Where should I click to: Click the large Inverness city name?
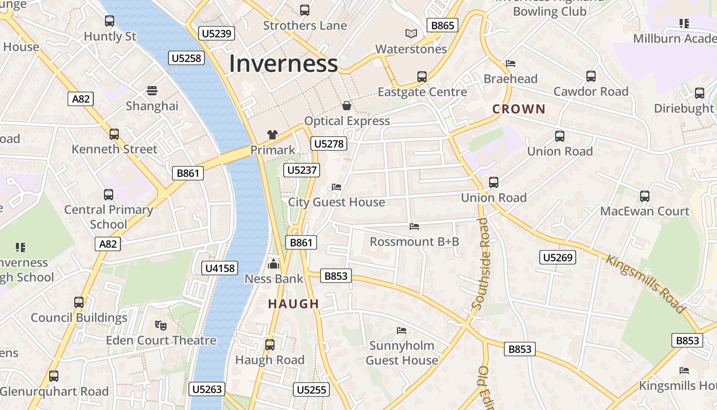coord(283,64)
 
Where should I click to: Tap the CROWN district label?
coord(519,109)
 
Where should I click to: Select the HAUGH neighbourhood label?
coord(293,304)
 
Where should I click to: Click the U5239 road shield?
coord(217,34)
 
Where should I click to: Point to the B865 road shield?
coord(442,25)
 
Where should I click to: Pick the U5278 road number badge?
coord(328,143)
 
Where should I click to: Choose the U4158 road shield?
coord(220,268)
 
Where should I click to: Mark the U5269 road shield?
coord(557,257)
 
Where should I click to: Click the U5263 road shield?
coord(207,389)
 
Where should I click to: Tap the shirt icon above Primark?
coord(272,135)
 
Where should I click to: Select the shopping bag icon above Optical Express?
coord(347,106)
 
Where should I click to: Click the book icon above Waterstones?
coord(411,34)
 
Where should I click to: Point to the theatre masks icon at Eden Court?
coord(161,325)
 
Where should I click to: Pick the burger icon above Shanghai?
coord(152,91)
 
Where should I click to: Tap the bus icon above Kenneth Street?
coord(114,134)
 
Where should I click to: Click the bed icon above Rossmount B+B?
coord(414,226)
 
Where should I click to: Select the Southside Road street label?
coord(482,263)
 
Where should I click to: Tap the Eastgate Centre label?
coord(422,92)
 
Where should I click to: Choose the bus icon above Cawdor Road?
coord(591,76)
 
